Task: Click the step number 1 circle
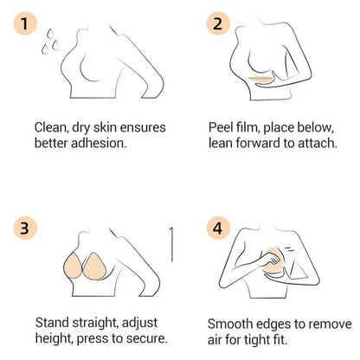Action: tap(25, 23)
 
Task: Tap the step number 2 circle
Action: tap(218, 23)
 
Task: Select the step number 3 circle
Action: tap(25, 228)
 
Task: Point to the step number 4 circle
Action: tap(218, 228)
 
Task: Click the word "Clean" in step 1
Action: tap(51, 128)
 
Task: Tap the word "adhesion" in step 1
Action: tap(99, 143)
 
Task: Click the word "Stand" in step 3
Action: tap(52, 323)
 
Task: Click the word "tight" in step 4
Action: tap(258, 340)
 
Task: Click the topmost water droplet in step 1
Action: tap(50, 33)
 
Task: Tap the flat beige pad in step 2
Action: tap(262, 79)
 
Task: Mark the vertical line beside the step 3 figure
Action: tap(171, 244)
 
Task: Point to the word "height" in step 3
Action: tap(55, 339)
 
